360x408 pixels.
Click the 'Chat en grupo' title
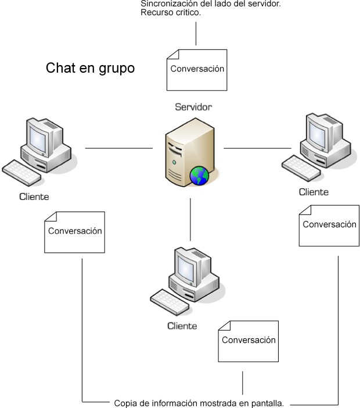coord(91,69)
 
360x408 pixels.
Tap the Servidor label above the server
coord(193,107)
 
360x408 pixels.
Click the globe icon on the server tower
coord(199,175)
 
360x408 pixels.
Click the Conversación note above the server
coord(196,69)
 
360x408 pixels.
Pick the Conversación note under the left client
coord(75,231)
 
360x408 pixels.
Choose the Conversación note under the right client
coord(328,225)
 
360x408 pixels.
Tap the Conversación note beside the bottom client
coord(248,341)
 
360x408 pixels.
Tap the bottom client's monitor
coord(188,266)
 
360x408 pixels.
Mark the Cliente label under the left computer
coord(34,196)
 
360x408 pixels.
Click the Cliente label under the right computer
coord(314,192)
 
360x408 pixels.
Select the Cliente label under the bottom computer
coord(182,325)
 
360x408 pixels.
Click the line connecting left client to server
coord(119,148)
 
